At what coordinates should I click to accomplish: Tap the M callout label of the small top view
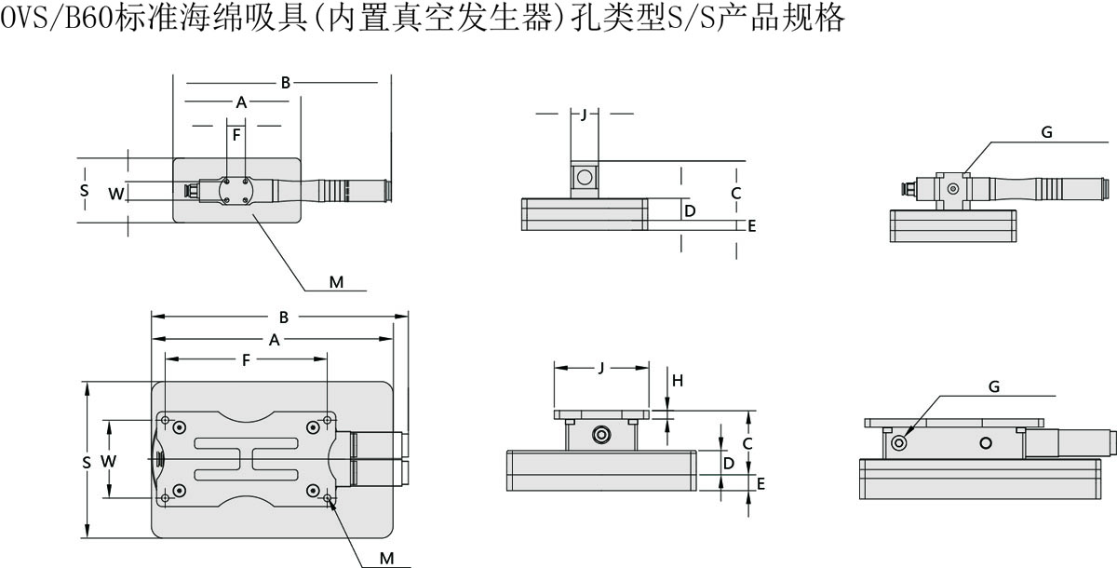tap(337, 281)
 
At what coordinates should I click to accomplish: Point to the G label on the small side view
tap(1046, 133)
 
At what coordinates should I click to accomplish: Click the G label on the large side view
tap(993, 385)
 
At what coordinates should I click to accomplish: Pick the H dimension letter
tap(678, 380)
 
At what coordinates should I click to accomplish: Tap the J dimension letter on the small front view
tap(584, 115)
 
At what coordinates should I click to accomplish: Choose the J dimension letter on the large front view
tap(601, 368)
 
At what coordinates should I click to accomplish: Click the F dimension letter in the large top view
tap(246, 359)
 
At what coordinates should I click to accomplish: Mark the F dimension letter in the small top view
tap(237, 135)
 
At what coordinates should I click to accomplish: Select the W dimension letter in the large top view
tap(108, 461)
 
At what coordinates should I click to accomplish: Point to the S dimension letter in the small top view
tap(84, 190)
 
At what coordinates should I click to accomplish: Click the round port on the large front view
tap(602, 435)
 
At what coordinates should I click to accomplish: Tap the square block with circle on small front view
tap(584, 178)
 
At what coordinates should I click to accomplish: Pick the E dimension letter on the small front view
tap(752, 225)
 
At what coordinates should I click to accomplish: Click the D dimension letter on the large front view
tap(730, 463)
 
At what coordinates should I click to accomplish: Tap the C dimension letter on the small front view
tap(735, 194)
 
